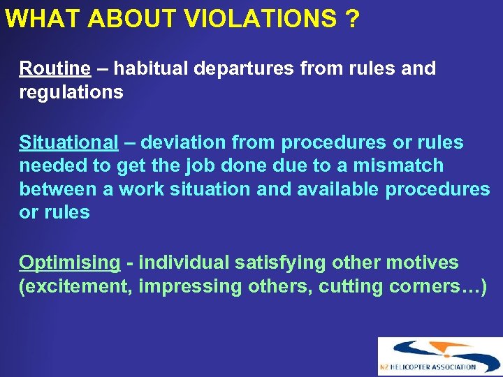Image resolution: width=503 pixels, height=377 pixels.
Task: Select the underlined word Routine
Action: pos(54,68)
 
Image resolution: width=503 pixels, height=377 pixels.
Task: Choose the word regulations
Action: pos(71,92)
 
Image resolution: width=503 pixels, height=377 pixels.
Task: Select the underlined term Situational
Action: pos(68,142)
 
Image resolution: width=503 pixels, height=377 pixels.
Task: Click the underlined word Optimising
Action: pos(69,263)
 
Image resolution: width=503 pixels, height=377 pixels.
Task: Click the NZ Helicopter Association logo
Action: pos(439,356)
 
